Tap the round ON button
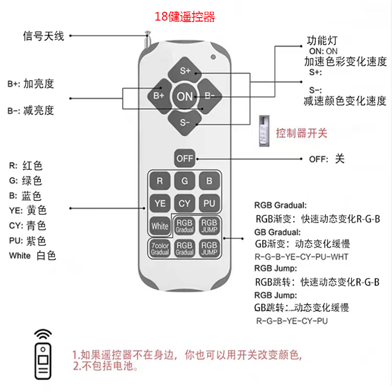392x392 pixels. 185,96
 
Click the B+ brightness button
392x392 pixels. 158,96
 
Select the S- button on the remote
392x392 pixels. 185,121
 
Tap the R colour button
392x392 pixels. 160,180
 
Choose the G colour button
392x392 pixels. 185,180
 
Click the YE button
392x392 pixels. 160,203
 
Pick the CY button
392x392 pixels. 185,203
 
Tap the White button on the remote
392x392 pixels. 160,226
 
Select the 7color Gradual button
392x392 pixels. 160,248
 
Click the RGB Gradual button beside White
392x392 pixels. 185,226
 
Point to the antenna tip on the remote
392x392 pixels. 147,34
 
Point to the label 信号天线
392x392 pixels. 44,36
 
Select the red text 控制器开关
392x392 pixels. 301,133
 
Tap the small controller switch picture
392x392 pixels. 264,131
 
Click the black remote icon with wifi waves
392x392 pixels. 44,355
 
